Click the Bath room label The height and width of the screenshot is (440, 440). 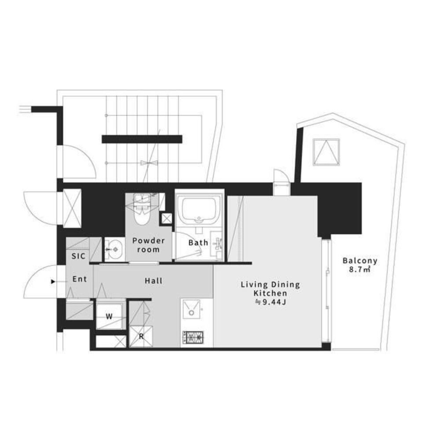click(x=198, y=243)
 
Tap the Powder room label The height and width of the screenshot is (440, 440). click(x=148, y=245)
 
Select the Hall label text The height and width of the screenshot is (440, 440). click(x=154, y=281)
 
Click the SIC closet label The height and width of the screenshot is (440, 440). click(x=78, y=256)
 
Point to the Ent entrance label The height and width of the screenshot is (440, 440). click(x=80, y=279)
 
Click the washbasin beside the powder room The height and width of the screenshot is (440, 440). click(x=114, y=249)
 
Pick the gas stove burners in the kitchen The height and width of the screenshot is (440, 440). click(x=193, y=337)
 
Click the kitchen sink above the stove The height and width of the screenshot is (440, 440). click(x=192, y=309)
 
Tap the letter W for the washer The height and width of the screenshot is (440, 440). click(x=109, y=317)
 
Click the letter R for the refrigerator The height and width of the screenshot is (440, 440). click(x=141, y=336)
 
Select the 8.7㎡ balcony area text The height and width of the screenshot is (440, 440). click(x=360, y=270)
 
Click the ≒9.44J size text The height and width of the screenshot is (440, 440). click(x=270, y=302)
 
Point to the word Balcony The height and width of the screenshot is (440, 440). click(x=360, y=261)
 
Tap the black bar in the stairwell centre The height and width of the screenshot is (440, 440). click(x=142, y=139)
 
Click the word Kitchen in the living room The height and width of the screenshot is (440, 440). click(x=270, y=293)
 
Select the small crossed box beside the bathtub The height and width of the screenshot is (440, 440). click(x=167, y=218)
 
